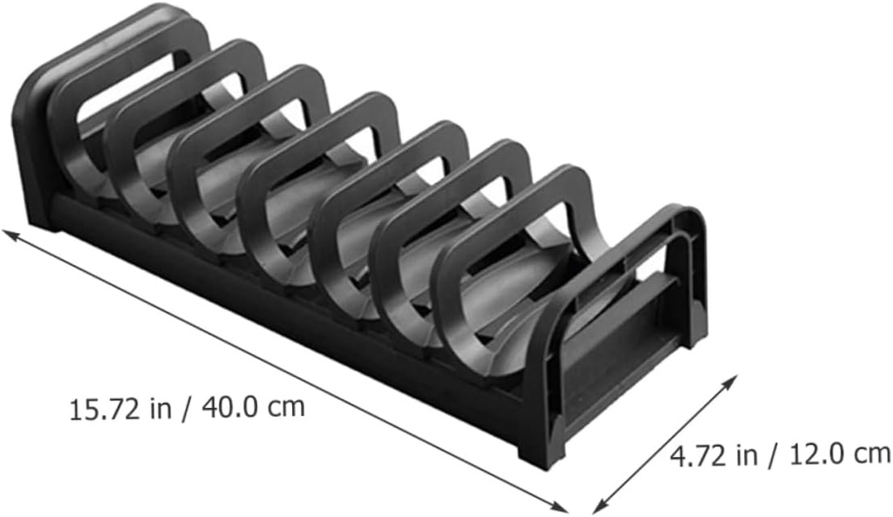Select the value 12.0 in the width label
816,454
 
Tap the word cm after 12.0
872,454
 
